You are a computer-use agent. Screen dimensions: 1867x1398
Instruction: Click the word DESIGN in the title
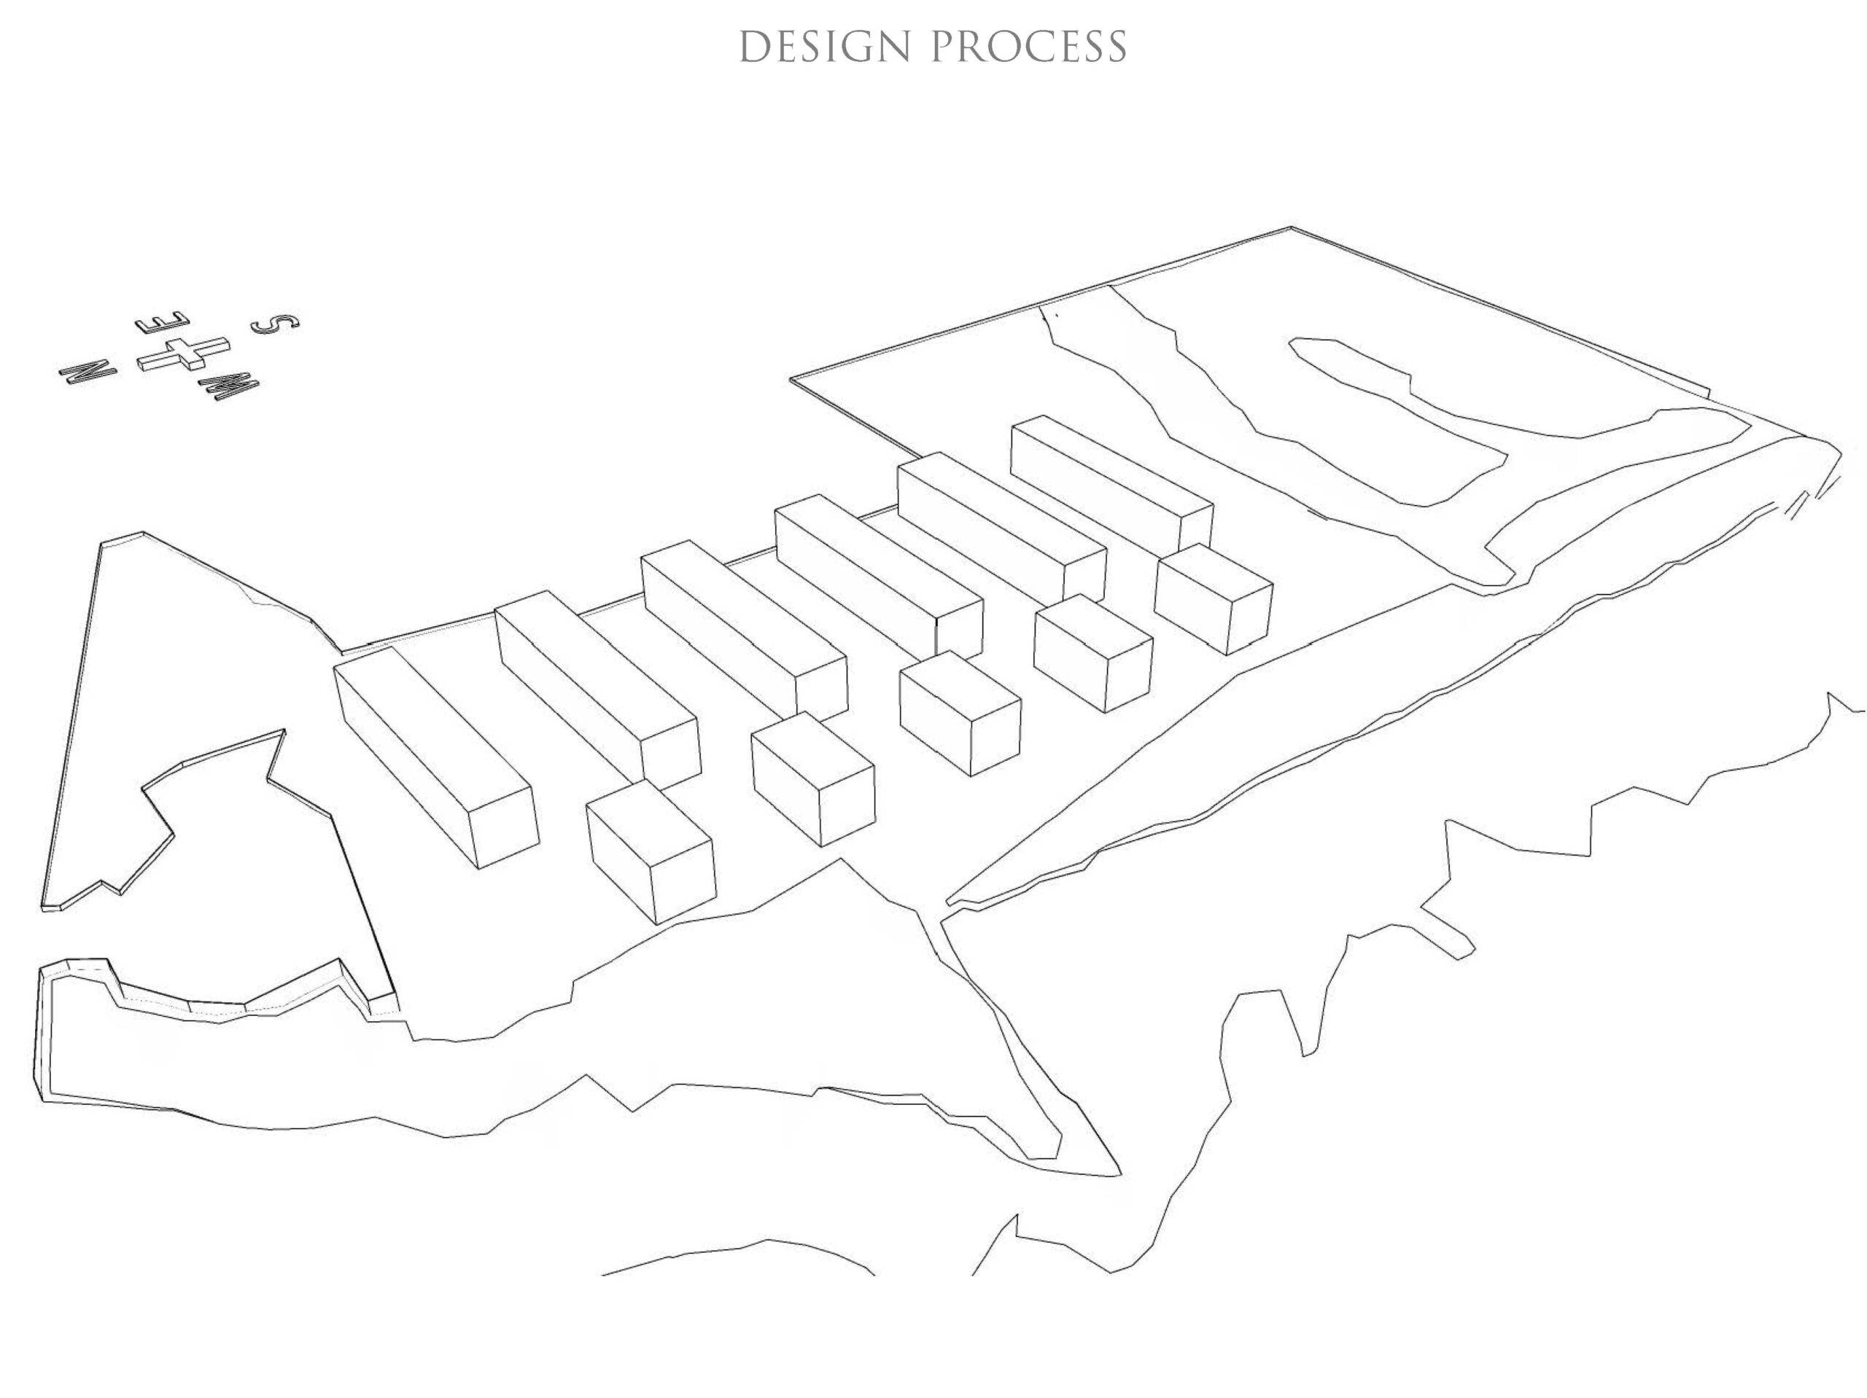825,47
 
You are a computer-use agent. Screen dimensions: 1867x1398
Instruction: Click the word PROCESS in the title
1029,47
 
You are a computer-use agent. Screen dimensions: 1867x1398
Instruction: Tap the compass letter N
88,372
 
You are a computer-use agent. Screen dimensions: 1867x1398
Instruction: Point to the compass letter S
275,323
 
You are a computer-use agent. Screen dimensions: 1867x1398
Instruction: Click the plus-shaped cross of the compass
183,353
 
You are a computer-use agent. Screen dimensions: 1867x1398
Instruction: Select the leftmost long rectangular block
436,757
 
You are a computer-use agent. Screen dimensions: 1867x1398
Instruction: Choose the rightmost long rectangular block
1112,484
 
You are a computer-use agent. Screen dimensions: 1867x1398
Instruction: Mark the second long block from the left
597,690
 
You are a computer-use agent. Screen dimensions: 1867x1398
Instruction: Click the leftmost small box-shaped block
651,851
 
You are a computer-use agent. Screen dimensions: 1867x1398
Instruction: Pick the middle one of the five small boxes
960,713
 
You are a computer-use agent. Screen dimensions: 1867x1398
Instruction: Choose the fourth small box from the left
1093,653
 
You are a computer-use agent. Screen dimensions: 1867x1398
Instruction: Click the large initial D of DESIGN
755,47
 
